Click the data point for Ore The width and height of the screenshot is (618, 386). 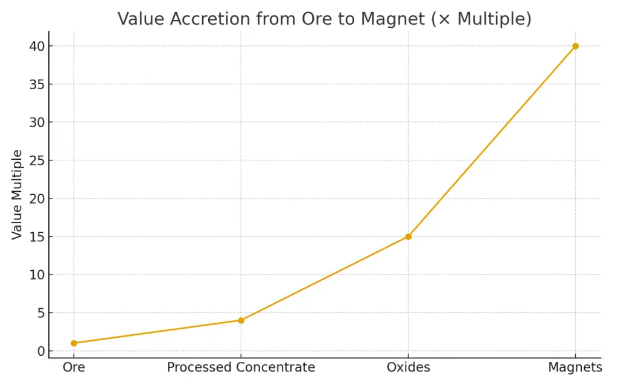74,343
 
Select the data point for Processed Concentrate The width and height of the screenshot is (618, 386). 241,320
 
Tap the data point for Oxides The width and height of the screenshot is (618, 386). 408,236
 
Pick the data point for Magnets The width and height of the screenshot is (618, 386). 575,46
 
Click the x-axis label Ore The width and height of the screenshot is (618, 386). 74,367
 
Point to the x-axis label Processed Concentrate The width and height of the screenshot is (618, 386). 241,367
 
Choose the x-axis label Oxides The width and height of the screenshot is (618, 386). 408,367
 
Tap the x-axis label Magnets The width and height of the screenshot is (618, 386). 575,367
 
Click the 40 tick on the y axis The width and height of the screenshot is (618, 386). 36,46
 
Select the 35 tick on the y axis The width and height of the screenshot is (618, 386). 36,84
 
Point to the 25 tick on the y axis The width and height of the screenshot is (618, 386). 36,160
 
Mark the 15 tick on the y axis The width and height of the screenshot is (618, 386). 36,236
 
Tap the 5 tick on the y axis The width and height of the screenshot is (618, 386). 40,312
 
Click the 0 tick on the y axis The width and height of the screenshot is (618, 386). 40,351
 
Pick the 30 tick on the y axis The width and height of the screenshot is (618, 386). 36,122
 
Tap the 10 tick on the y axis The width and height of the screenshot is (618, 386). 36,274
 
